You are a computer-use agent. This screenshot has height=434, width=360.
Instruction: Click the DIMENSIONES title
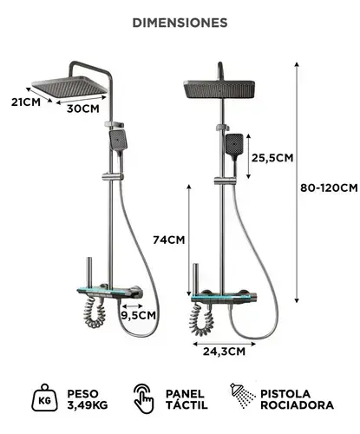coord(180,23)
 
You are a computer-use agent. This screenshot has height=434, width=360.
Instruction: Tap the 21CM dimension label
coord(26,102)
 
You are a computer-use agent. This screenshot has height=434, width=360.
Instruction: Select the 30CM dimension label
coord(83,108)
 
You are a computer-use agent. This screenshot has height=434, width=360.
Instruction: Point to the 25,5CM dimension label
coord(272,158)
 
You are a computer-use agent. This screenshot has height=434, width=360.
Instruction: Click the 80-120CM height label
coord(329,188)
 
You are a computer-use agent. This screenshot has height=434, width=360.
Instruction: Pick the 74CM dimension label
coord(168,240)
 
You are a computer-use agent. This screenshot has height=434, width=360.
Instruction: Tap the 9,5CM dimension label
coord(138,315)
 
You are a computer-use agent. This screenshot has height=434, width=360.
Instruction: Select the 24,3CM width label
coord(224,352)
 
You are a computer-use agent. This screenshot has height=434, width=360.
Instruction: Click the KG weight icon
coord(44,398)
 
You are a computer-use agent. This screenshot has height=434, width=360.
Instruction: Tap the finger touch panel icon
coord(143,398)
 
